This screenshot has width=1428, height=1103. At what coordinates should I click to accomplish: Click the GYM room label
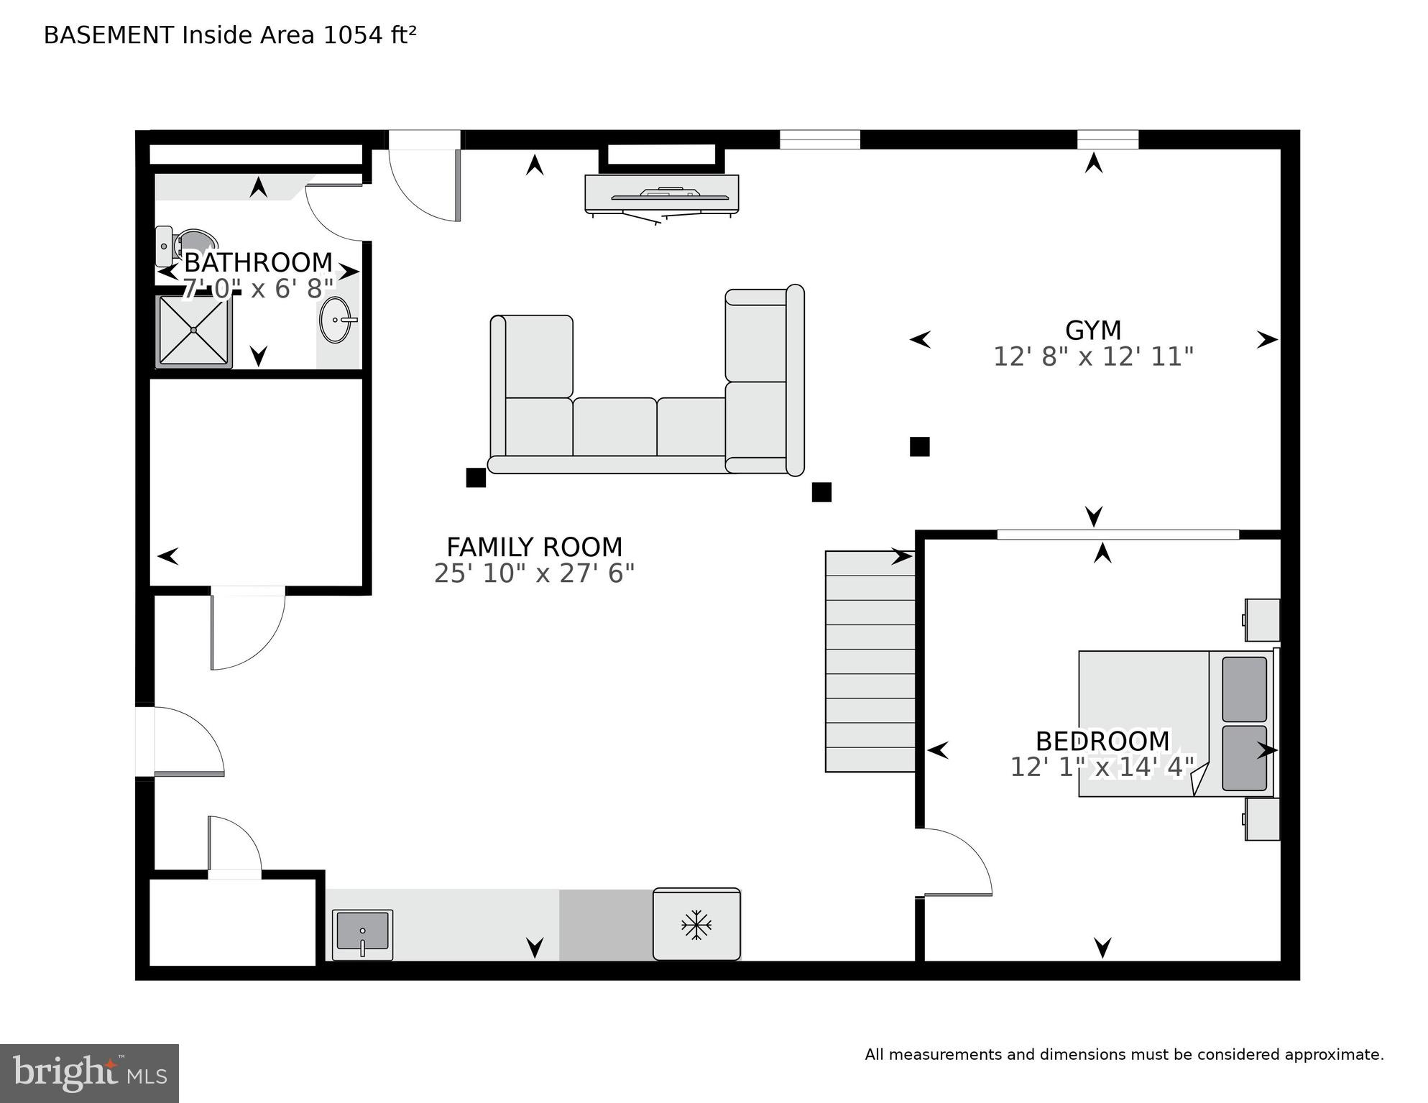point(1092,331)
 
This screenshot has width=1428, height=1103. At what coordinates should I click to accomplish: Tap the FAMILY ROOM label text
point(534,548)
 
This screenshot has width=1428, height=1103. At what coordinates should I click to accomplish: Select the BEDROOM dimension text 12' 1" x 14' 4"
point(1102,767)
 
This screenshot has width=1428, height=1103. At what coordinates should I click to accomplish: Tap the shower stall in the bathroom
point(194,331)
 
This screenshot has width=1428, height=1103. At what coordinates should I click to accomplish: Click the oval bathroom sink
point(336,320)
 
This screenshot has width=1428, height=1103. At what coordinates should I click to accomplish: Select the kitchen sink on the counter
point(362,933)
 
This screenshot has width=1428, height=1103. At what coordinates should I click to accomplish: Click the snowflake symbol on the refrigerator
point(696,925)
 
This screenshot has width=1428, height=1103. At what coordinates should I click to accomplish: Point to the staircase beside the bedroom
point(870,661)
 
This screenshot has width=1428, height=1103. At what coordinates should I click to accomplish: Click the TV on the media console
point(661,194)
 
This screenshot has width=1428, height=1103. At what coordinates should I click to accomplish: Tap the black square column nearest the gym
point(919,447)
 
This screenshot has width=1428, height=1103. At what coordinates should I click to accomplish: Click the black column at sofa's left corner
point(476,478)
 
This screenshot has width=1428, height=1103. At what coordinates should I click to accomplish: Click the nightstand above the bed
point(1262,619)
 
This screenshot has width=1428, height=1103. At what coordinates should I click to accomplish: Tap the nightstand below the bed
point(1262,818)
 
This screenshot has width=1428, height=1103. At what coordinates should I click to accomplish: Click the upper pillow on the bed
point(1244,688)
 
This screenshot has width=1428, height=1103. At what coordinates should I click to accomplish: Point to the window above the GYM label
point(1107,139)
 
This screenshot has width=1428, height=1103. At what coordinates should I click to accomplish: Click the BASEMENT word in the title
point(109,35)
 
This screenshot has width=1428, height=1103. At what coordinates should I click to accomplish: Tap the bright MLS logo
point(89,1074)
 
